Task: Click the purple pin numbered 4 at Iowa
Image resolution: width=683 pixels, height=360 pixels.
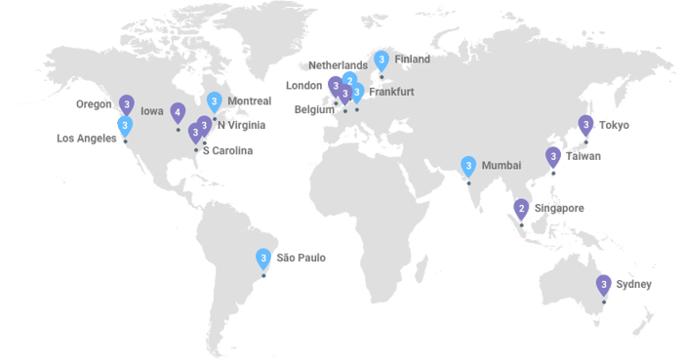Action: (178, 112)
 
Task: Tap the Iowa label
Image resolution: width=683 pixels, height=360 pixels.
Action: (151, 111)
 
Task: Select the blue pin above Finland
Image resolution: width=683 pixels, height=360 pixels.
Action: (382, 60)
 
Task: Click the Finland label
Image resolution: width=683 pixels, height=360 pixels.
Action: (413, 60)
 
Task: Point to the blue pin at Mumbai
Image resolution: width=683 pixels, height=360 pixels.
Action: (468, 165)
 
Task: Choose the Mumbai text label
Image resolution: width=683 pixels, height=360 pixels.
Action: (501, 164)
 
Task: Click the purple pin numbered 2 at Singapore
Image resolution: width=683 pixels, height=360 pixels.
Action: (521, 207)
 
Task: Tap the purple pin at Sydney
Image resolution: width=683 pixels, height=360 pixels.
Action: (604, 284)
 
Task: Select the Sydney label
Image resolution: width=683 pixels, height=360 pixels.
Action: (633, 284)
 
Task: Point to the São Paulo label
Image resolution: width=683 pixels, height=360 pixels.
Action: (301, 259)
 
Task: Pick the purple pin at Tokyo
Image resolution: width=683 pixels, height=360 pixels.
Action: (585, 125)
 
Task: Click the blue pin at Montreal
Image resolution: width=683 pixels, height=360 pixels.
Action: (214, 100)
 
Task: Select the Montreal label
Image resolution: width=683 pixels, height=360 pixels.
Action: (247, 101)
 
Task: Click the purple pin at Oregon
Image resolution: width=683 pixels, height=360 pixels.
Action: (126, 102)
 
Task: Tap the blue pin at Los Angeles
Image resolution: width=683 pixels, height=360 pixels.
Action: (125, 125)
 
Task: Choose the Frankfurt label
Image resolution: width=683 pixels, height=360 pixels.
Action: (392, 92)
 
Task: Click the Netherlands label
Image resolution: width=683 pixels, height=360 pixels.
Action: (339, 65)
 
